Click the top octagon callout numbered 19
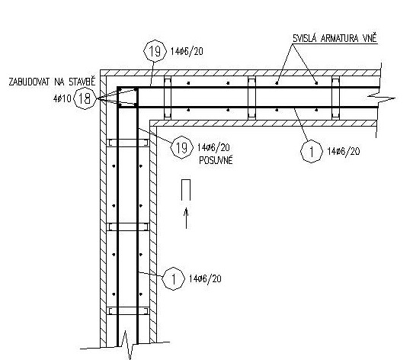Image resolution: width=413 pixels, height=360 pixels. click(155, 51)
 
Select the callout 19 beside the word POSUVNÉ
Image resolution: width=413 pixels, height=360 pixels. click(181, 147)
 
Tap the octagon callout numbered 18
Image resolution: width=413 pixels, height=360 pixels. click(85, 98)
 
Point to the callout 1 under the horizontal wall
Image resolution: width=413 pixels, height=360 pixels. click(312, 151)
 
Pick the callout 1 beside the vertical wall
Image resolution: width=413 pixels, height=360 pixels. click(173, 278)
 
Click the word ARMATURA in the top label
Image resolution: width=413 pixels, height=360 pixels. click(340, 39)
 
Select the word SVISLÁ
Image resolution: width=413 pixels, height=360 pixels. click(304, 38)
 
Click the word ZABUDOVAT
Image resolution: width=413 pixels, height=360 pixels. click(30, 82)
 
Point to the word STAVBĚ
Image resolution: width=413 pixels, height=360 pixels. click(82, 82)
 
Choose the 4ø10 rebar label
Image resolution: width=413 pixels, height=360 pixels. click(62, 99)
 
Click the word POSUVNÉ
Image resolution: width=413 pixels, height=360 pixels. click(216, 160)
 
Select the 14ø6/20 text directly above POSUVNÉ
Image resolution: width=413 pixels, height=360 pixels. click(213, 147)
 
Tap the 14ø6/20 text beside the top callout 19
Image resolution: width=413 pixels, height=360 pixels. click(187, 51)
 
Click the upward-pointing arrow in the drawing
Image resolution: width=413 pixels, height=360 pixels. click(186, 218)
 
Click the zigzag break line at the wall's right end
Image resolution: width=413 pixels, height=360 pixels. click(380, 98)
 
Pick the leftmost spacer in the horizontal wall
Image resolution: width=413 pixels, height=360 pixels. click(168, 98)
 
